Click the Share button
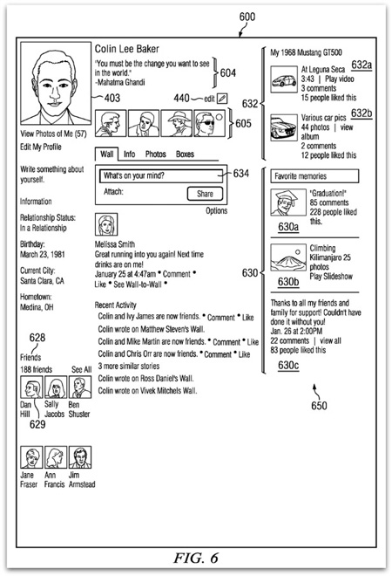tap(205, 194)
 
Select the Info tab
tap(130, 154)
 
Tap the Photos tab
tap(155, 154)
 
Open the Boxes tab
tap(185, 154)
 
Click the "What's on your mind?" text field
tap(161, 175)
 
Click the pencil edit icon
tap(222, 99)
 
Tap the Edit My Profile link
tap(41, 147)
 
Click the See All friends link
tap(81, 369)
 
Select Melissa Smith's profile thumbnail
tap(106, 224)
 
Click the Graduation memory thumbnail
tap(288, 202)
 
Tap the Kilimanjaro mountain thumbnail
tap(288, 257)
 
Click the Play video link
tap(340, 79)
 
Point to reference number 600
tap(247, 17)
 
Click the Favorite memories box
tap(314, 176)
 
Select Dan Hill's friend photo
tap(31, 387)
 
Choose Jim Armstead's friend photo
tap(80, 457)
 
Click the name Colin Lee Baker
tap(127, 49)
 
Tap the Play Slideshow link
tap(331, 277)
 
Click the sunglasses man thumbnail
tap(209, 123)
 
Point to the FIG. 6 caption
tap(196, 558)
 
